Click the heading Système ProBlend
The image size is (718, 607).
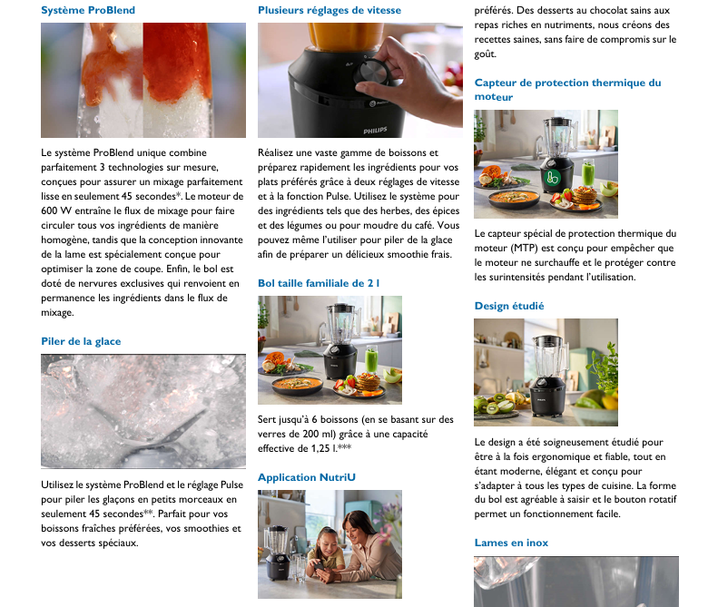88,10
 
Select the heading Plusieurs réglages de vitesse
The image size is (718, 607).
329,10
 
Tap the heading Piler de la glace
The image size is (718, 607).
81,341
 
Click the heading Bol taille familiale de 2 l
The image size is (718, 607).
319,283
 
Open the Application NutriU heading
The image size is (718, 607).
306,477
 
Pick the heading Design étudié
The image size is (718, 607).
509,306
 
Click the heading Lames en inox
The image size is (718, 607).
511,543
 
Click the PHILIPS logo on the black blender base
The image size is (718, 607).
375,131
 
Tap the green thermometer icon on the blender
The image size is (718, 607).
552,177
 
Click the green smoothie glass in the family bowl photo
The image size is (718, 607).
371,359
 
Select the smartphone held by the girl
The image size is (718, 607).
320,567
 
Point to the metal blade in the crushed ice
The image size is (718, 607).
146,428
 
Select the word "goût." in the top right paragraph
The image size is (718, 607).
486,54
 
